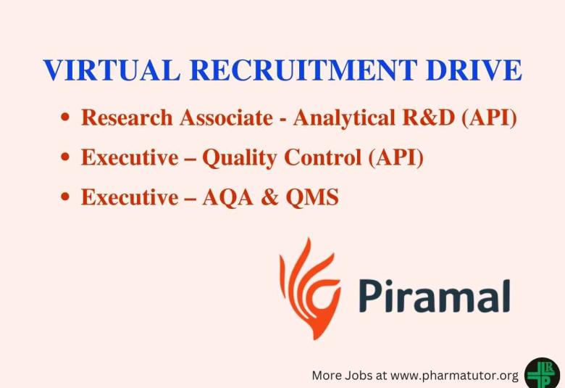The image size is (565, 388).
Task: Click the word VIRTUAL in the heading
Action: coord(112,70)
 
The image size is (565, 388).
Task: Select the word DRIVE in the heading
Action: coord(474,70)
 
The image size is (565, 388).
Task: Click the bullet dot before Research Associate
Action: coord(65,117)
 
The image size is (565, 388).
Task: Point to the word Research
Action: coord(127,117)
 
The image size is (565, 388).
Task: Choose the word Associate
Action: coord(226,117)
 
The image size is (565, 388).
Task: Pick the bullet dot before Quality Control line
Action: coord(65,157)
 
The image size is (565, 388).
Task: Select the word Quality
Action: coord(240,158)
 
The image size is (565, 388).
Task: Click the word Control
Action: coord(323,157)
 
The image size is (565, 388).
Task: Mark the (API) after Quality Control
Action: coord(396,158)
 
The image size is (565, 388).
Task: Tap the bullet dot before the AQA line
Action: coord(65,197)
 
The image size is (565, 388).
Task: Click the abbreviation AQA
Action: coord(227,197)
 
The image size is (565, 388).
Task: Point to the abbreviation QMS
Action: coord(312,197)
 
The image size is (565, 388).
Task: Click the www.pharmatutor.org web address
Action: coord(454,376)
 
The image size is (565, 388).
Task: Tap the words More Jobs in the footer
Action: coord(342,376)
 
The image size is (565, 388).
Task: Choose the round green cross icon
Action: coord(543,373)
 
